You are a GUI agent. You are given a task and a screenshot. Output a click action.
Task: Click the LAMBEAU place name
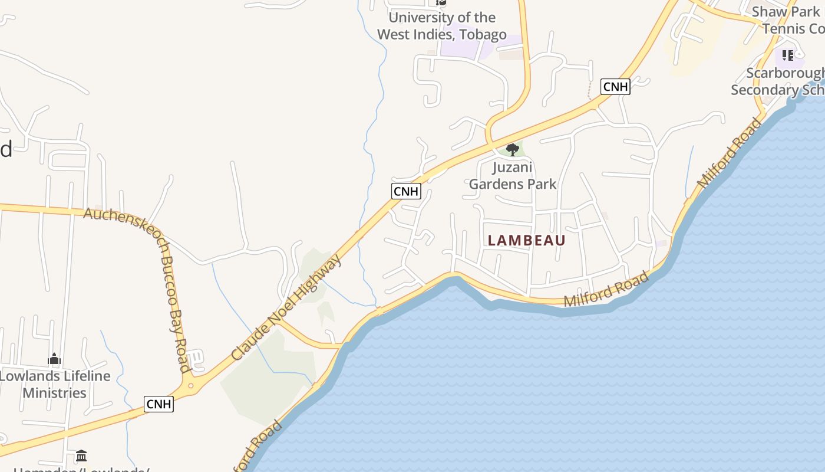527,241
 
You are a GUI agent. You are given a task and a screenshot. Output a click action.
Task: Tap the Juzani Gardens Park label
513,176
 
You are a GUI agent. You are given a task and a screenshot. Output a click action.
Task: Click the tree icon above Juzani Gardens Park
513,149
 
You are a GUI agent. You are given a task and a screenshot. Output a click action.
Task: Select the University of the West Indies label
441,26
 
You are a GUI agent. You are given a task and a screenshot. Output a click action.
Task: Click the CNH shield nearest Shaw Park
616,87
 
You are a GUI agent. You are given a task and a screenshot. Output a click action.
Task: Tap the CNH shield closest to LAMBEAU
406,191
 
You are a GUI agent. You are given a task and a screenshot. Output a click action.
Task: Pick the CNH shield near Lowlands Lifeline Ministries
159,404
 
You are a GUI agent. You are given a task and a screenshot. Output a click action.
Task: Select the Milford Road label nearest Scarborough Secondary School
730,153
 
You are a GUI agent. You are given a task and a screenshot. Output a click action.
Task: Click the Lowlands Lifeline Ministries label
55,384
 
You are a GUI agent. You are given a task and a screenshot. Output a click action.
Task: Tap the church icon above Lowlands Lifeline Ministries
54,359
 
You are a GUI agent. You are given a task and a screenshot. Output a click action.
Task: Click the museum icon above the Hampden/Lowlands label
81,456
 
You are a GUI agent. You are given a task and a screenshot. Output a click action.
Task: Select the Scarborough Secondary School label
778,81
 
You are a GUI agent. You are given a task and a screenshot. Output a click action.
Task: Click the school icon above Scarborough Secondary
788,55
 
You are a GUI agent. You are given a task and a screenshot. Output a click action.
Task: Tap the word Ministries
55,393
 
